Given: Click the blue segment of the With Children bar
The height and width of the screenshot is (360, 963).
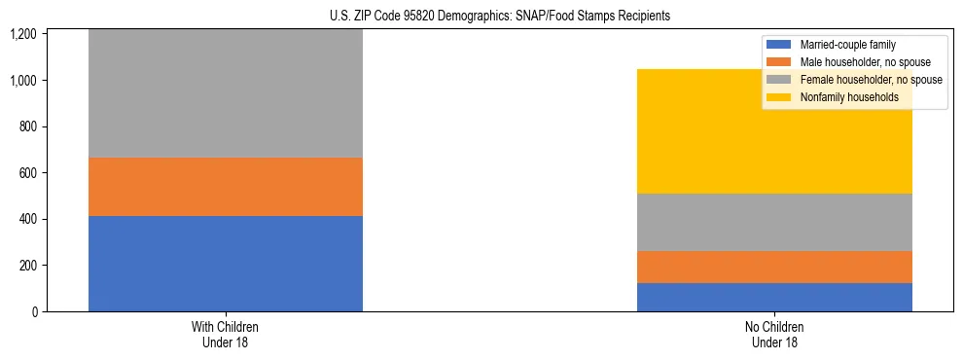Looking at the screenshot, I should [x=225, y=264].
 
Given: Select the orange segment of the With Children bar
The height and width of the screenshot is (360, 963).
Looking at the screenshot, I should [x=225, y=187].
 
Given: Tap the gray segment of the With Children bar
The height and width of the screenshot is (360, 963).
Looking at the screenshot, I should [x=225, y=93].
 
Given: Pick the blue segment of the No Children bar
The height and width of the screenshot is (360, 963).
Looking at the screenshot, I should [x=774, y=297].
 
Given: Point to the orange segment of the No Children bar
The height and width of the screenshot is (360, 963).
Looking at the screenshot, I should [x=774, y=268].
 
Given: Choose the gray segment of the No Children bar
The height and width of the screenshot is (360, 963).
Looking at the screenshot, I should [x=774, y=222].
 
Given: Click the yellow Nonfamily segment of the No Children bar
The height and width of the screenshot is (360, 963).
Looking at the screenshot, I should [x=774, y=131].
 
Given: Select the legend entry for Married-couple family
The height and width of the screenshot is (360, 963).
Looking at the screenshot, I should [x=846, y=45].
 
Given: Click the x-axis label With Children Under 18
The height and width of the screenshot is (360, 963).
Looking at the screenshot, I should [x=225, y=334].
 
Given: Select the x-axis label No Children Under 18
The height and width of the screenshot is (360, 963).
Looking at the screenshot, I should [x=774, y=334].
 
